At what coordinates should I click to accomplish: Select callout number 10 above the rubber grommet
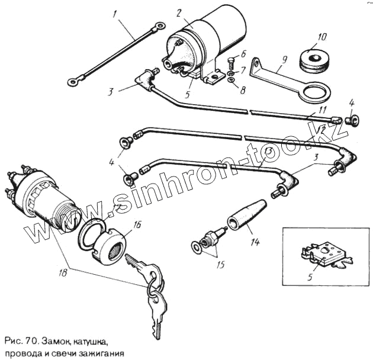click(x=322, y=37)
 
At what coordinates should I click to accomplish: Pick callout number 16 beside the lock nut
click(x=137, y=224)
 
